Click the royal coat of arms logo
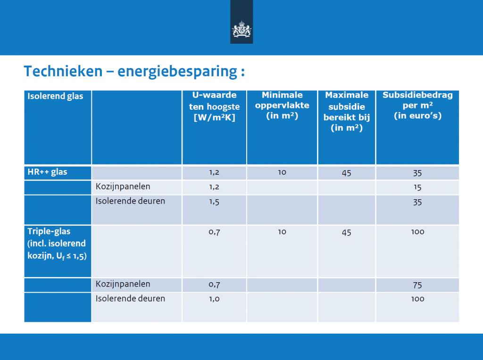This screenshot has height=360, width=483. click(241, 29)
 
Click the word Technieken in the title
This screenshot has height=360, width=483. click(63, 71)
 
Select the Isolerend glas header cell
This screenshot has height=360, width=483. click(56, 96)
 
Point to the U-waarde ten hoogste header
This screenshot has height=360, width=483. click(215, 106)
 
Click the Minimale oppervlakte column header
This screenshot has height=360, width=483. click(282, 105)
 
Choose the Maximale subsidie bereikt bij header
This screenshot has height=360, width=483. click(347, 111)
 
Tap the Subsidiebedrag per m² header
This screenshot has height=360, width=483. click(418, 105)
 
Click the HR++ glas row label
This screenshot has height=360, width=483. click(48, 172)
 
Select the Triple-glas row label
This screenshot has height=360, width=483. click(57, 244)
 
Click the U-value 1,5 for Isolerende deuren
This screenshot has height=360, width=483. click(214, 202)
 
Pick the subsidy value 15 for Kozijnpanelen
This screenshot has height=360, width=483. click(417, 188)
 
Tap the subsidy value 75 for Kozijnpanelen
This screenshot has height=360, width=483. click(417, 285)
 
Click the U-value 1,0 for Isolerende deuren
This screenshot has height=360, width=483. click(214, 299)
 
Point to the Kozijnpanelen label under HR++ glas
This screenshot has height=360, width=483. click(123, 187)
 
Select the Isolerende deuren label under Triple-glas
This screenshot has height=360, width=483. click(130, 298)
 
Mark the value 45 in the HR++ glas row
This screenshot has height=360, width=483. click(347, 173)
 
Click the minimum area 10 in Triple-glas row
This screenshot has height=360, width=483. click(282, 232)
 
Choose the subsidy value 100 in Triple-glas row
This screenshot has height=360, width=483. click(418, 232)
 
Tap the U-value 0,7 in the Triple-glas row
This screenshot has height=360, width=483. click(214, 232)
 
